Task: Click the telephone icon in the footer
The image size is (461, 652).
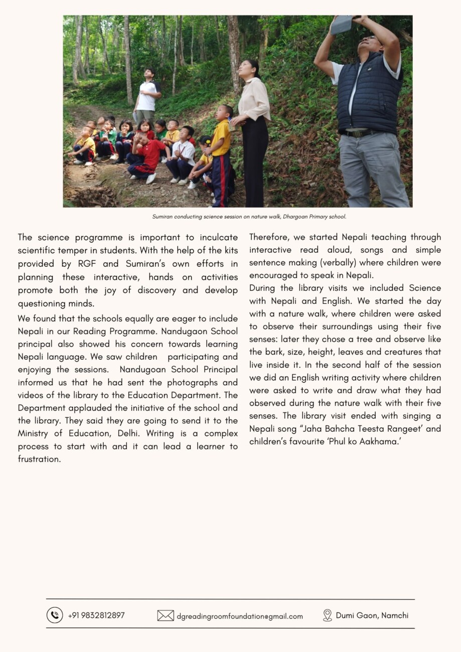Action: point(55,615)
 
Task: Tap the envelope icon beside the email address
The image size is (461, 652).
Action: point(166,615)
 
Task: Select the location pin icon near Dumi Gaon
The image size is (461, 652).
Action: point(328,615)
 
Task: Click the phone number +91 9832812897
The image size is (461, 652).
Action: point(96,615)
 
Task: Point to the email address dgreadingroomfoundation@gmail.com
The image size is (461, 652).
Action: point(240,616)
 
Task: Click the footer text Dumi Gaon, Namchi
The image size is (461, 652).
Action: point(372,615)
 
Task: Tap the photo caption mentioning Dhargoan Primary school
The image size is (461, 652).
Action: point(249,217)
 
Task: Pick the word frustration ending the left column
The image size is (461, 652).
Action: point(39,459)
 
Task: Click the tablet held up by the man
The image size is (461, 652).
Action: point(342,24)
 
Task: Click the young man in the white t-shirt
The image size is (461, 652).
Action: point(147,95)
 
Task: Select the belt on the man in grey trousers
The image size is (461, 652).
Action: point(360,133)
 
